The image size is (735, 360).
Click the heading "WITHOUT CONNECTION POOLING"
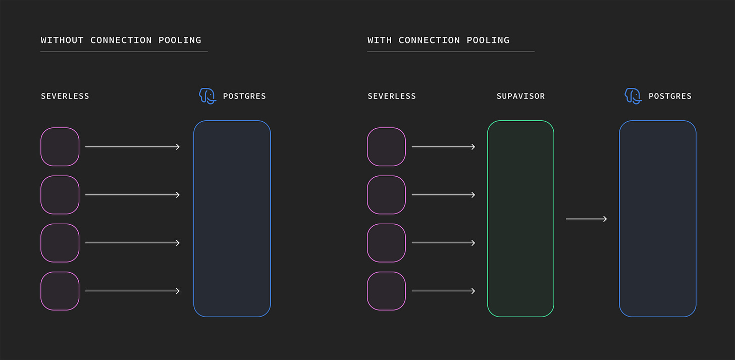pos(121,40)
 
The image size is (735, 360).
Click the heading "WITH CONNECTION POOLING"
pos(438,40)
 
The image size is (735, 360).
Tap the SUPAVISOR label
pos(520,96)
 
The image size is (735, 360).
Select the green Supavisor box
pos(520,219)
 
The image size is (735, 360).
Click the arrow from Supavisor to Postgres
pos(586,219)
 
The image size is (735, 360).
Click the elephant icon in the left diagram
pos(207,96)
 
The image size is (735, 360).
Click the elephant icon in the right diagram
pos(633,96)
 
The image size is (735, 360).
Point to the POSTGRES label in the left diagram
pos(244,96)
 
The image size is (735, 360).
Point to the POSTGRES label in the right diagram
pos(670,96)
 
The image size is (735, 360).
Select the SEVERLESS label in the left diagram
pos(65,96)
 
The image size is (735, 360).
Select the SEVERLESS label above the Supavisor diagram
pos(392,96)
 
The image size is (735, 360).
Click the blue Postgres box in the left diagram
pos(232,219)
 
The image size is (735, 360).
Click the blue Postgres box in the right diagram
pos(657,219)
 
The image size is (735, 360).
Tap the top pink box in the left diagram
pos(60,147)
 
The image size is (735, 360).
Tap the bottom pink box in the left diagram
pos(60,291)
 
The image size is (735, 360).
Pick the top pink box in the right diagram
pos(386,147)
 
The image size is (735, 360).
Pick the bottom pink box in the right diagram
pos(386,291)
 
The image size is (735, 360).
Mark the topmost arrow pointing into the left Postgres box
pos(132,147)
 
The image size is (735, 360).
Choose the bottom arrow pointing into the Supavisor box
pos(443,291)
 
